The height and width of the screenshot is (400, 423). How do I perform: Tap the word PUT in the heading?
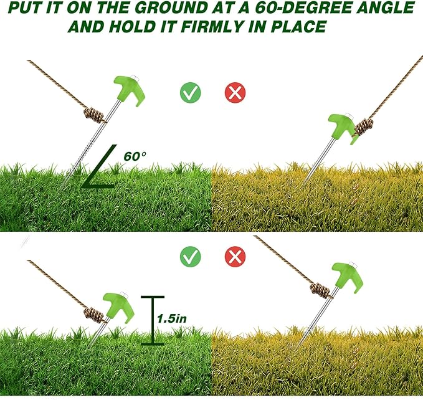tap(20, 9)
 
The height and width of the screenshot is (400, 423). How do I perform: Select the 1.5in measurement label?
tap(171, 318)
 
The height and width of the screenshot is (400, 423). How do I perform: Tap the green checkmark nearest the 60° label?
tap(190, 93)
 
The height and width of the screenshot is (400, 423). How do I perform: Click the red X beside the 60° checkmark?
tap(235, 93)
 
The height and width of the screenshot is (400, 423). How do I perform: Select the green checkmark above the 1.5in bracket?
tap(190, 255)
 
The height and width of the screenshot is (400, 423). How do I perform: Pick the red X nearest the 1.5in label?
tap(235, 255)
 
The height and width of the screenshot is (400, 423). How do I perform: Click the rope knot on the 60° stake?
tap(94, 115)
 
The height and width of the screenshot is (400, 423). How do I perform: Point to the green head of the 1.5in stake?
tap(118, 307)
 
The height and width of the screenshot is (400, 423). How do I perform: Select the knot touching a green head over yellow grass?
tap(363, 126)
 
